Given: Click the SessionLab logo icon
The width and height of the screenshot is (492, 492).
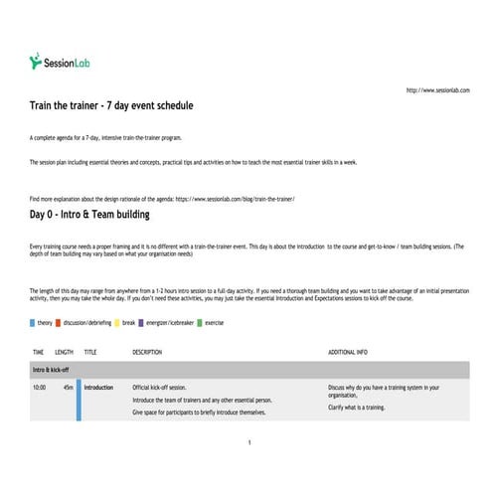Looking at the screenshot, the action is tap(37, 62).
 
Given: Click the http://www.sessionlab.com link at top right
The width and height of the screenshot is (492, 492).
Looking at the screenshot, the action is tap(437, 90).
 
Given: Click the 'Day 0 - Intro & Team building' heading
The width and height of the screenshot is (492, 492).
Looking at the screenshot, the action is tap(90, 214).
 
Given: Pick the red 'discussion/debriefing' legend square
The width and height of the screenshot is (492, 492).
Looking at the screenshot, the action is tap(60, 322).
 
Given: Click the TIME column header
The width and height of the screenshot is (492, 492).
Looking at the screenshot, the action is tap(39, 352).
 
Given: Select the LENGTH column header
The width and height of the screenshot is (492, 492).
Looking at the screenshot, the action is tap(64, 352).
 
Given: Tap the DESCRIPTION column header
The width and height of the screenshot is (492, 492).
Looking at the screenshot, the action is tap(146, 352).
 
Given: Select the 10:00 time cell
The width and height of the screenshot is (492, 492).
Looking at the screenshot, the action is tap(40, 388).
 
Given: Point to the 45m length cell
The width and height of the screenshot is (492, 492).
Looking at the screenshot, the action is tap(67, 388).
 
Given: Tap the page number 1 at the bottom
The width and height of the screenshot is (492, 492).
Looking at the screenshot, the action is tap(248, 441).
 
